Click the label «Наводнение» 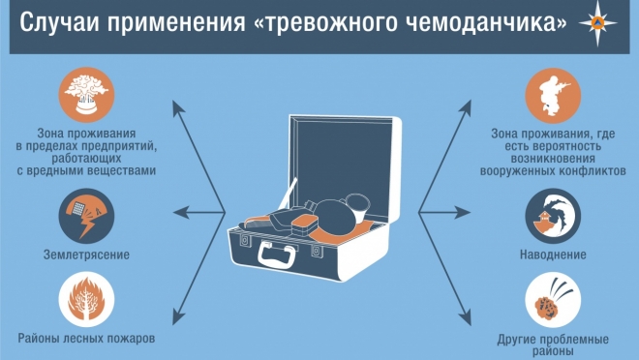click(553, 255)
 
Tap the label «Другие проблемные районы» click(553, 345)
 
